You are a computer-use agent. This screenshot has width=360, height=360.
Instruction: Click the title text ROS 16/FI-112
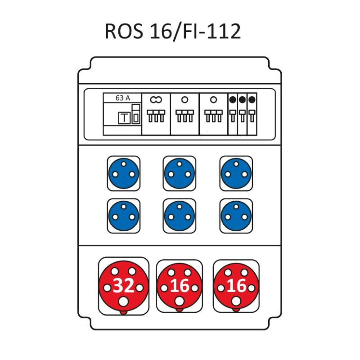[x=173, y=31]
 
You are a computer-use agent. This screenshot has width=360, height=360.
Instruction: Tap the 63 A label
[x=122, y=98]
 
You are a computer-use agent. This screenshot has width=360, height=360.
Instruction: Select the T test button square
[x=124, y=118]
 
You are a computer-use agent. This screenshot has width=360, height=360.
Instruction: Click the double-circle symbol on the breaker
[x=156, y=99]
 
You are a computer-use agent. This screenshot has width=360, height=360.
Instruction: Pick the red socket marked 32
[x=123, y=286]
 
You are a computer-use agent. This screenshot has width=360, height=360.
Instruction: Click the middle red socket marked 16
[x=179, y=286]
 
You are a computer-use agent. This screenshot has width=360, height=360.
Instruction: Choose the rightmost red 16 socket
[x=236, y=286]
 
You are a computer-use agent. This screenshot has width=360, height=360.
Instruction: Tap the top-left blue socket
[x=123, y=173]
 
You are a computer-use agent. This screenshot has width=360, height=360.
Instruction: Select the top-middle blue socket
[x=179, y=173]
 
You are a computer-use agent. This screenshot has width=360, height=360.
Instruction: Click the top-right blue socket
[x=236, y=173]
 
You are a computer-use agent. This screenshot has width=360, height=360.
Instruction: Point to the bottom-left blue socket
[x=123, y=216]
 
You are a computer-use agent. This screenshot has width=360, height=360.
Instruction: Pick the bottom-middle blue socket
[x=179, y=216]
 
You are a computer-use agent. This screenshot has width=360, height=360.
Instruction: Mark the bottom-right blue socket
[x=236, y=216]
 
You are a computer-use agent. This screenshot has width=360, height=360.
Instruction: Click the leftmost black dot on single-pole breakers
[x=233, y=99]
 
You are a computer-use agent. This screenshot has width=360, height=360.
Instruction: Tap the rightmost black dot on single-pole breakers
[x=252, y=99]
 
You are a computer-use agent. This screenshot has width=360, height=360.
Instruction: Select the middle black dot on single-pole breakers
[x=242, y=99]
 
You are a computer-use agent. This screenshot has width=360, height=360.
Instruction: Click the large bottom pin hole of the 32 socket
[x=123, y=301]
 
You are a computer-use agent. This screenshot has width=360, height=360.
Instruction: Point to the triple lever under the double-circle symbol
[x=156, y=116]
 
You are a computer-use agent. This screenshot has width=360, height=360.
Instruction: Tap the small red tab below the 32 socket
[x=123, y=312]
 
